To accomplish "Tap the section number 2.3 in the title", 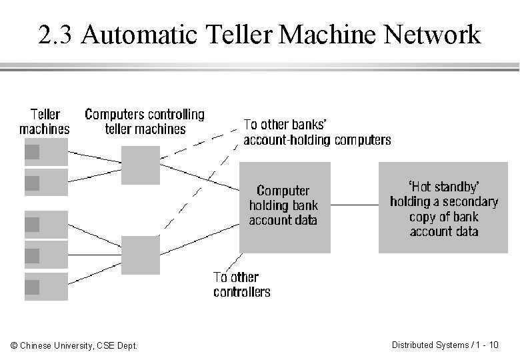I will click(x=56, y=35).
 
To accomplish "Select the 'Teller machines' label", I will click(x=44, y=122).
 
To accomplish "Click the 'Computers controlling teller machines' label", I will click(x=145, y=121).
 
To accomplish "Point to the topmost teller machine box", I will click(x=46, y=151).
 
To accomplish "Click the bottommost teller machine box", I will click(x=46, y=287).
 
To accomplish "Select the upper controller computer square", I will click(x=141, y=165).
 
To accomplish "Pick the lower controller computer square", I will click(x=141, y=255).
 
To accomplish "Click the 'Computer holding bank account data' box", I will click(x=285, y=207).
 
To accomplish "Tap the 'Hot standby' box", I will click(x=444, y=207).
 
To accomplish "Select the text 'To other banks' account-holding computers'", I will click(x=317, y=132).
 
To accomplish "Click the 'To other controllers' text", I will click(x=241, y=285).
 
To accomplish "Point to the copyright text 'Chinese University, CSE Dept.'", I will click(x=75, y=345).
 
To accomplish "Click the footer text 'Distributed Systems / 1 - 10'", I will click(x=445, y=345).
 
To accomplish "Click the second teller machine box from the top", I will click(x=46, y=181).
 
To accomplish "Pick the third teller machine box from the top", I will click(x=46, y=225).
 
